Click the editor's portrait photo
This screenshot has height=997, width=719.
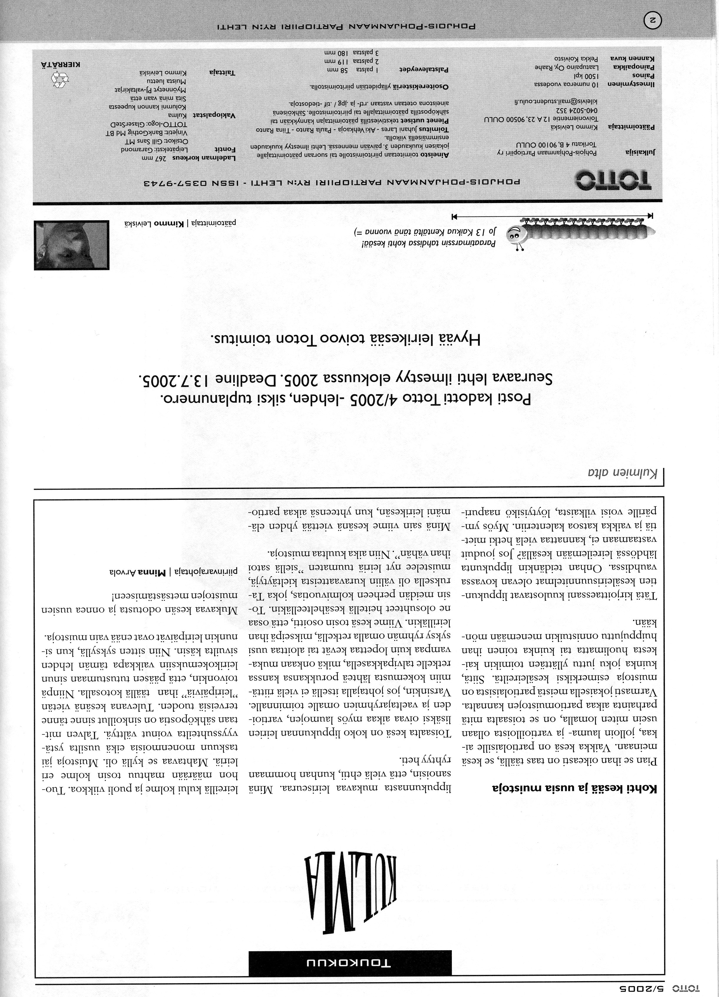[x=71, y=245]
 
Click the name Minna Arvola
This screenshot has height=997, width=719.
[x=138, y=572]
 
